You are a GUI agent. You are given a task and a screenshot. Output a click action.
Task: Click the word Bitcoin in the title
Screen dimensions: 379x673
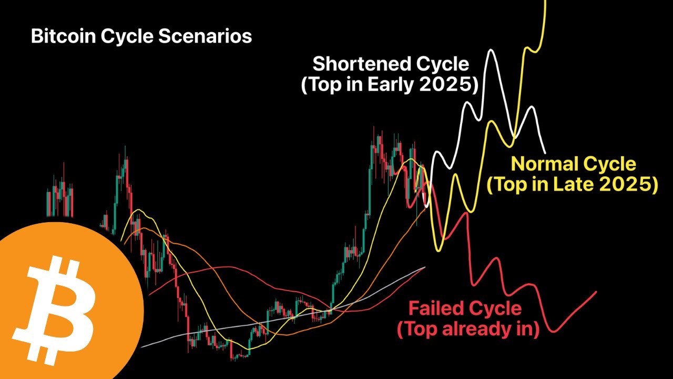(x=58, y=36)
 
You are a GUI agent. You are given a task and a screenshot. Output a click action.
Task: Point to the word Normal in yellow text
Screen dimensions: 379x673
(x=543, y=164)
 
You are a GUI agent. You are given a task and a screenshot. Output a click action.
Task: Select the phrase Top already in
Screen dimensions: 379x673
(x=468, y=330)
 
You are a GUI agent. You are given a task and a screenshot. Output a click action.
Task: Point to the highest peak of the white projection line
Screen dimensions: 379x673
(x=491, y=51)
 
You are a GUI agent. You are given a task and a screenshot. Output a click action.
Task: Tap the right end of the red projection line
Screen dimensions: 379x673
(x=596, y=292)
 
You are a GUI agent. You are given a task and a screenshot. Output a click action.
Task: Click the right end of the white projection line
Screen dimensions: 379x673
(x=545, y=153)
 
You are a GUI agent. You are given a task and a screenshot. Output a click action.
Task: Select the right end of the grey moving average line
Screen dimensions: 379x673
(x=424, y=268)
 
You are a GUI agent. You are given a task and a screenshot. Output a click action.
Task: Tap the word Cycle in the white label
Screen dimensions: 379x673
(x=443, y=64)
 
